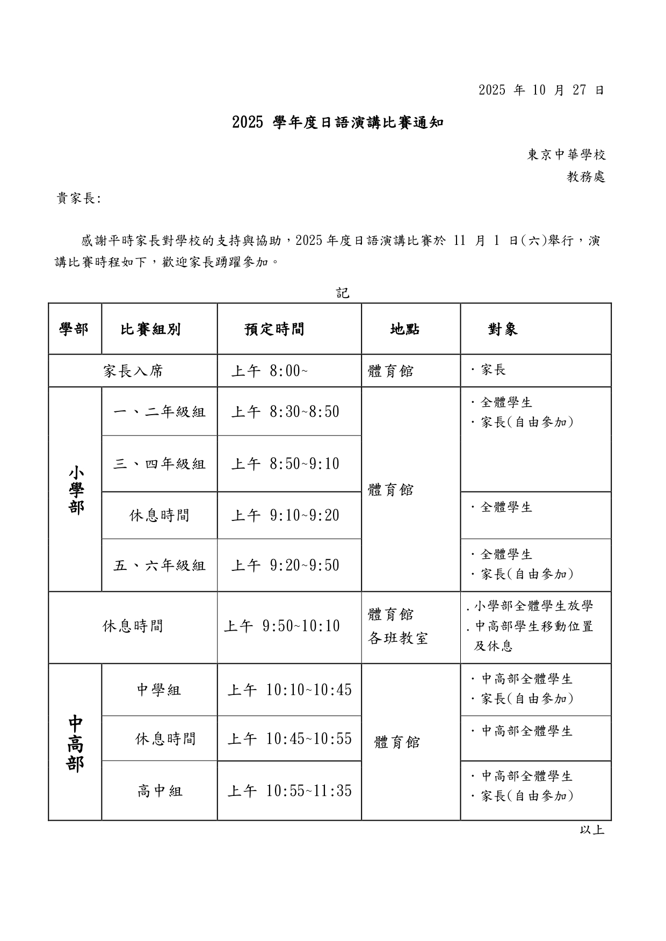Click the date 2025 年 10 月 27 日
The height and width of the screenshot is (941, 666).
point(541,90)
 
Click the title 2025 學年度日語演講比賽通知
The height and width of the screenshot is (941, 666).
point(338,123)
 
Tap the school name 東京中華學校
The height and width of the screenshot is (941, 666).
point(567,155)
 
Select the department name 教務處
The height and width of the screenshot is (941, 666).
point(586,177)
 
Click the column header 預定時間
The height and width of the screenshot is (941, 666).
point(274,329)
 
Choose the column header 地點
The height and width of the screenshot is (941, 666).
point(405,329)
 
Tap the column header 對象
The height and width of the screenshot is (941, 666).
point(503,329)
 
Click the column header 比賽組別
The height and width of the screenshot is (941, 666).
point(150,329)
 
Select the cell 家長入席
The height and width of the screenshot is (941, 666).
point(133,371)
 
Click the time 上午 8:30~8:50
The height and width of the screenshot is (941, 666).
point(285,412)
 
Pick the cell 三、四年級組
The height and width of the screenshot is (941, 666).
point(160,464)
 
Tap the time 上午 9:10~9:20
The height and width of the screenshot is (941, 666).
point(285,516)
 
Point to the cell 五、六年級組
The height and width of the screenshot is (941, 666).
point(160,566)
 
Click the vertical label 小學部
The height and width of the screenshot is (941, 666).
point(76,490)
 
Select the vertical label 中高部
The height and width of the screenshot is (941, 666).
point(75,743)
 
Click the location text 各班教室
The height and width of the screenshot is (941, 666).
point(397,638)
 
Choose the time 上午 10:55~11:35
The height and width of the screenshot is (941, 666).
point(289,791)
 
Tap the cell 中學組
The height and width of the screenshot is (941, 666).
point(159,690)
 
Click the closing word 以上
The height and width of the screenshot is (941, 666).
point(592,830)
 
